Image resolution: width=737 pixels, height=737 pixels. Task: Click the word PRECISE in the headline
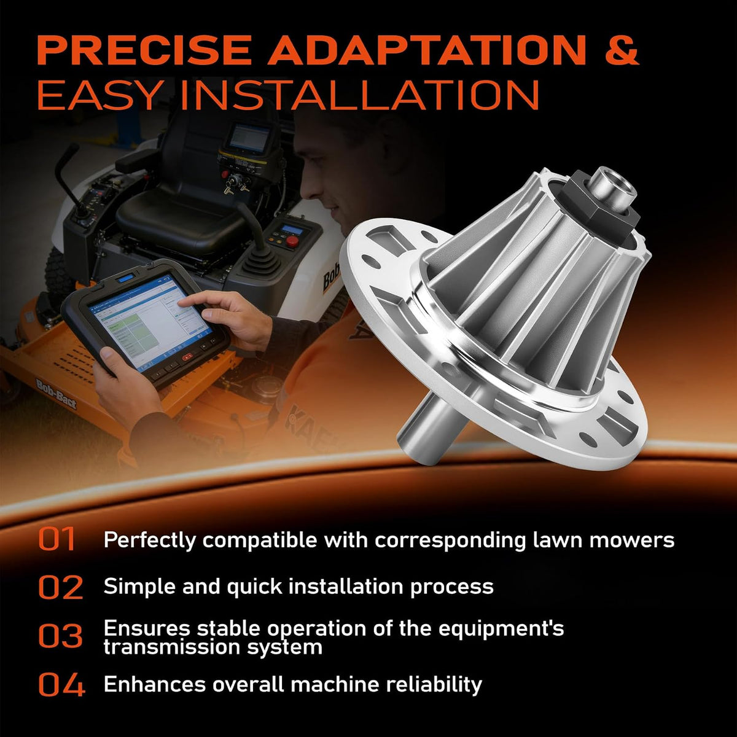coord(144,50)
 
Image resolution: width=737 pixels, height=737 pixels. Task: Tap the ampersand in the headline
coord(622,50)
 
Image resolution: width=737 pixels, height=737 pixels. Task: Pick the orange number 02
coord(60,587)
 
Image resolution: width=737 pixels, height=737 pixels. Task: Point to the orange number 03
coord(60,636)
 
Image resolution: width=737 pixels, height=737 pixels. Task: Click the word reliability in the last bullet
coord(434,684)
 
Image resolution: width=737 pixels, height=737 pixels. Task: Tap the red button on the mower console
coord(292,241)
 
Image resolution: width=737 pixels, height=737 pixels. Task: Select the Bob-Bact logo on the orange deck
coord(57,394)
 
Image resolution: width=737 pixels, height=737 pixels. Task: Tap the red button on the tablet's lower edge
coord(188,357)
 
